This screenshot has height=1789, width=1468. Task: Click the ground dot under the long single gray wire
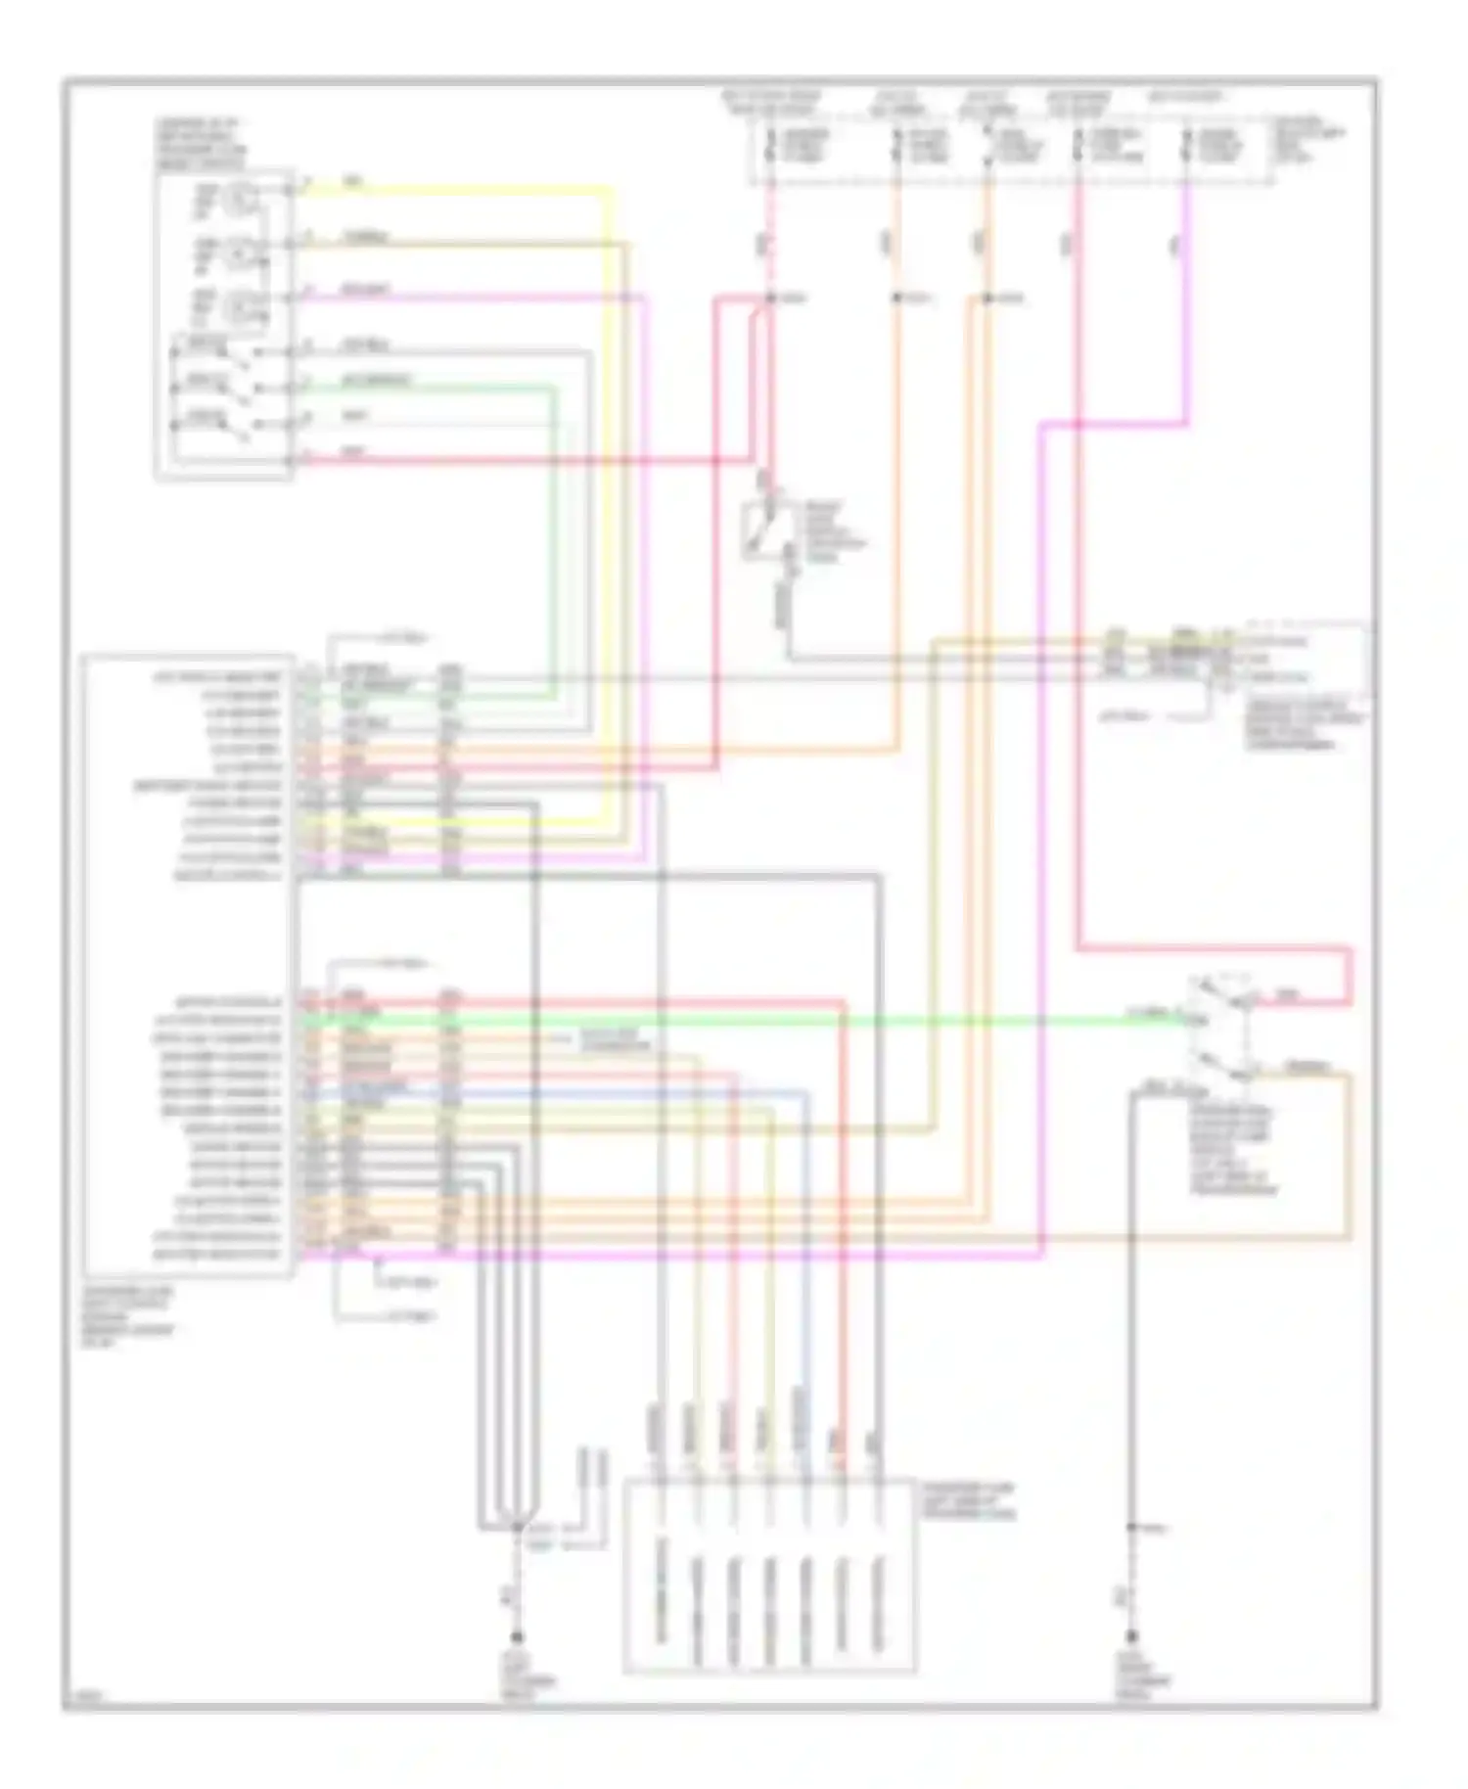[1131, 1636]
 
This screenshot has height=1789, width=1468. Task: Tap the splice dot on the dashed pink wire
[770, 298]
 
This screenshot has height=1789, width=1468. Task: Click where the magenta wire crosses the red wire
[1077, 424]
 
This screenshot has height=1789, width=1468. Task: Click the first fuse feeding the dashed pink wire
[771, 147]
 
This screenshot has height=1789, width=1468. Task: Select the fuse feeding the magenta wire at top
[1186, 147]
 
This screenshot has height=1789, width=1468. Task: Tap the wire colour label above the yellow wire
[352, 181]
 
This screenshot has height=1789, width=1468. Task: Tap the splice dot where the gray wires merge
[517, 1526]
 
